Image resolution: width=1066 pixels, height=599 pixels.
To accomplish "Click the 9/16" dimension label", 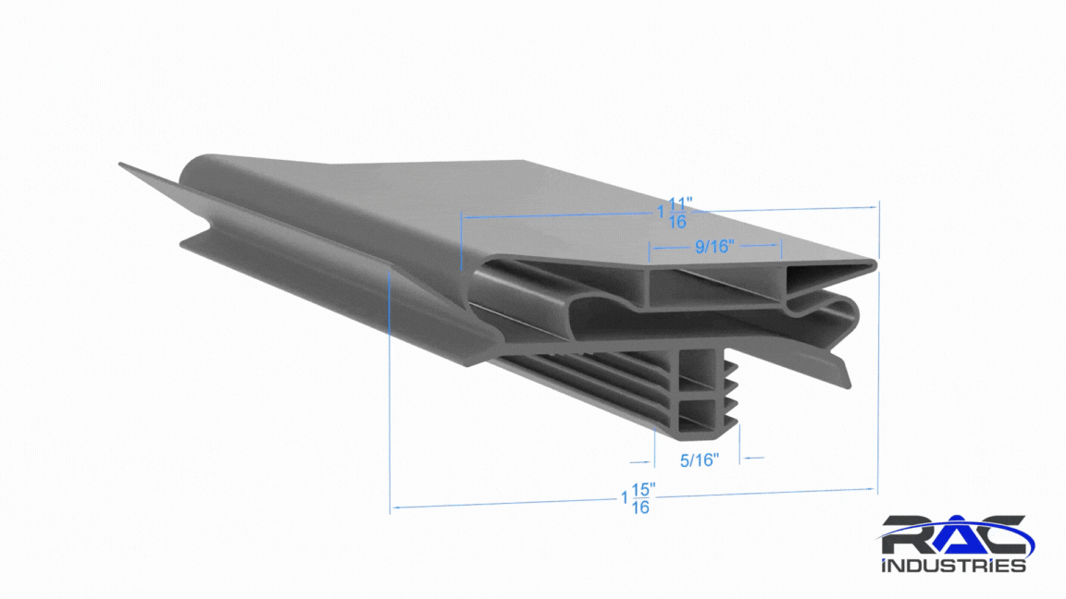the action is pyautogui.click(x=714, y=247).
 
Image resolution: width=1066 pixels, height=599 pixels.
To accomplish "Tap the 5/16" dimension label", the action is pyautogui.click(x=700, y=460).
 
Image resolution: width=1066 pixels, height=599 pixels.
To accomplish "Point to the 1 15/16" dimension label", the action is pyautogui.click(x=638, y=498).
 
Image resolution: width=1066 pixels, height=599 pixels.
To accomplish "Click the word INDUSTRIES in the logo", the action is pyautogui.click(x=953, y=565).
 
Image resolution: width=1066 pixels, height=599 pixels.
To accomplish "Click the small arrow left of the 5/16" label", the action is pyautogui.click(x=640, y=462).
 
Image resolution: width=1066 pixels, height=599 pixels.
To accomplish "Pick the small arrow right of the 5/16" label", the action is pyautogui.click(x=752, y=458).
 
